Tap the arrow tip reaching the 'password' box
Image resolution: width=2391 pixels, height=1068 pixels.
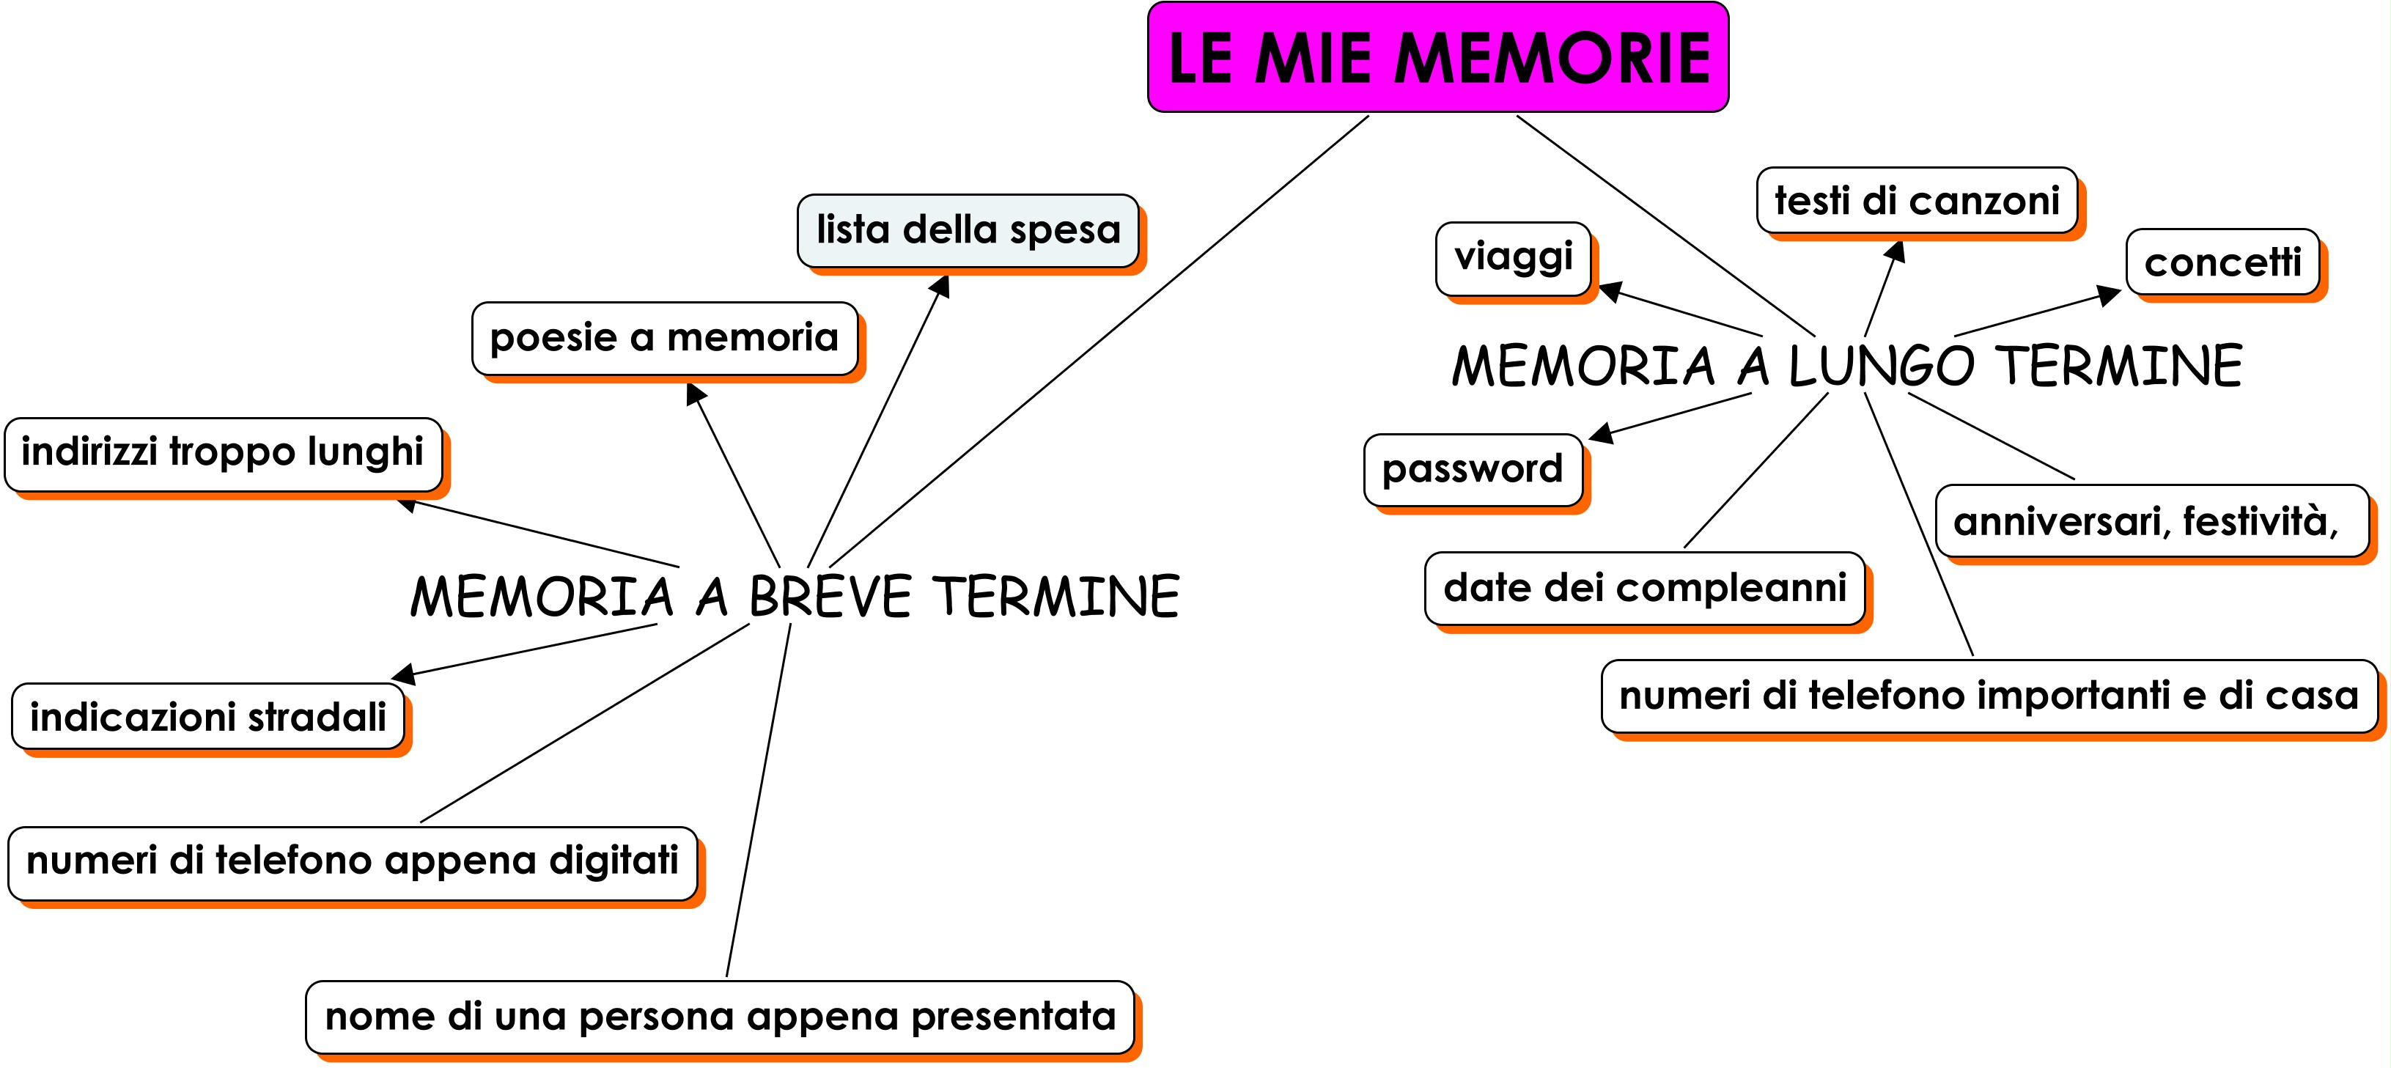(x=1589, y=437)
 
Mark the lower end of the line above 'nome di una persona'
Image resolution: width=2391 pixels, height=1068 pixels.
(x=727, y=976)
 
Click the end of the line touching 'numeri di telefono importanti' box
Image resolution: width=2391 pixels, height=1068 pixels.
(x=1972, y=656)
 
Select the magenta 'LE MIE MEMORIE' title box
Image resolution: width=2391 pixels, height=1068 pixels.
(x=1438, y=57)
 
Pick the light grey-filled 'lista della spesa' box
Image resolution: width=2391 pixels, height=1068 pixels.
(x=968, y=230)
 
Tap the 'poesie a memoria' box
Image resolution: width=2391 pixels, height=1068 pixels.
(x=665, y=338)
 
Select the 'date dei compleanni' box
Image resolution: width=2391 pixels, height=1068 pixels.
(x=1645, y=589)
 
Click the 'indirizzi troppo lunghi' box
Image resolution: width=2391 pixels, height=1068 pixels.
(x=223, y=454)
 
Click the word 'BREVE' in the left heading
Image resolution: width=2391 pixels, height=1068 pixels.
(x=830, y=596)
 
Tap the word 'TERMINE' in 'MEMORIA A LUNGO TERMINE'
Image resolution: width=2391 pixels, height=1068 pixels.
(x=2122, y=364)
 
